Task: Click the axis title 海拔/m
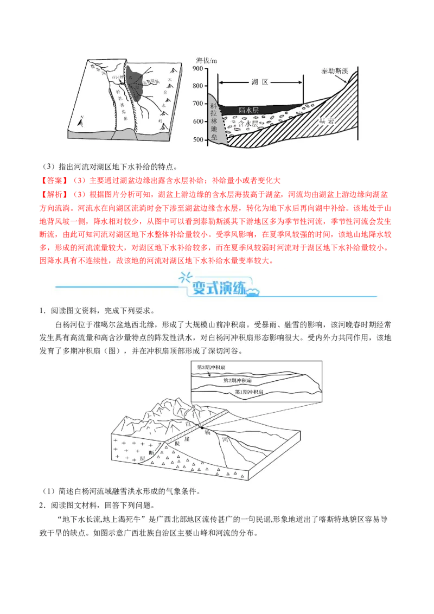[x=206, y=59]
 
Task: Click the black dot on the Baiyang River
[x=201, y=428]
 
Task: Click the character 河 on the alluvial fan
[x=225, y=443]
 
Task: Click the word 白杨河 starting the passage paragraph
[x=66, y=325]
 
